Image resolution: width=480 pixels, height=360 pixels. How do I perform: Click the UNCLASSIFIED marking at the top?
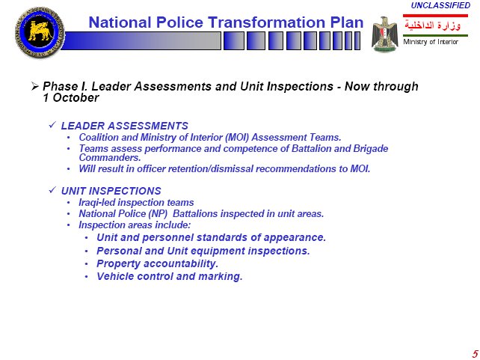440,5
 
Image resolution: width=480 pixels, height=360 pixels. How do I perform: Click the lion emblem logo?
40,32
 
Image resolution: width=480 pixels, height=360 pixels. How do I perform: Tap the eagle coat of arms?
385,34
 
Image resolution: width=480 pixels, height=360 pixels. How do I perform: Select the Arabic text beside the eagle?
433,25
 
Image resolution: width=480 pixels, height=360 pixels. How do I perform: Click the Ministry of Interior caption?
431,42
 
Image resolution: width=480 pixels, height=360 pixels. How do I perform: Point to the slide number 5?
475,353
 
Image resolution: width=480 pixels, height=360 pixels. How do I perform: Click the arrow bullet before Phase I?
34,86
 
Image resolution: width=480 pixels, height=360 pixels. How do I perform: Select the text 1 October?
71,98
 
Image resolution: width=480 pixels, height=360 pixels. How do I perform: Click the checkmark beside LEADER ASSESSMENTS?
52,125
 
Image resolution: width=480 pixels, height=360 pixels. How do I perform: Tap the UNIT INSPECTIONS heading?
111,191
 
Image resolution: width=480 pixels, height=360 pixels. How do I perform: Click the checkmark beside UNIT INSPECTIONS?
52,190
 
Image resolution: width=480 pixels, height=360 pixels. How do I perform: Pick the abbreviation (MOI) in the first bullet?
237,137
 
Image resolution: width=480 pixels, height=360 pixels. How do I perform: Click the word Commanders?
110,157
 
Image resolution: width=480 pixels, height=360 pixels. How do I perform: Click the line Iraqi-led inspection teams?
136,203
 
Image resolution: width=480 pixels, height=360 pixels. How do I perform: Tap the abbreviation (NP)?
158,213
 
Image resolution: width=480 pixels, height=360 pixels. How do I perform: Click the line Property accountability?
157,263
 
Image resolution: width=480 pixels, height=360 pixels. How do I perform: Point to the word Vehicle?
115,276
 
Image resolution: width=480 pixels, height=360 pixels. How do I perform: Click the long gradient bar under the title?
141,40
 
